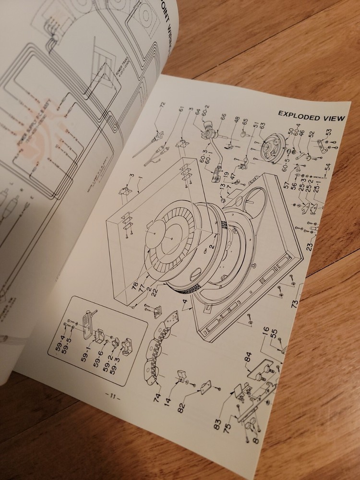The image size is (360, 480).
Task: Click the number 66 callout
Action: [223, 117]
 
